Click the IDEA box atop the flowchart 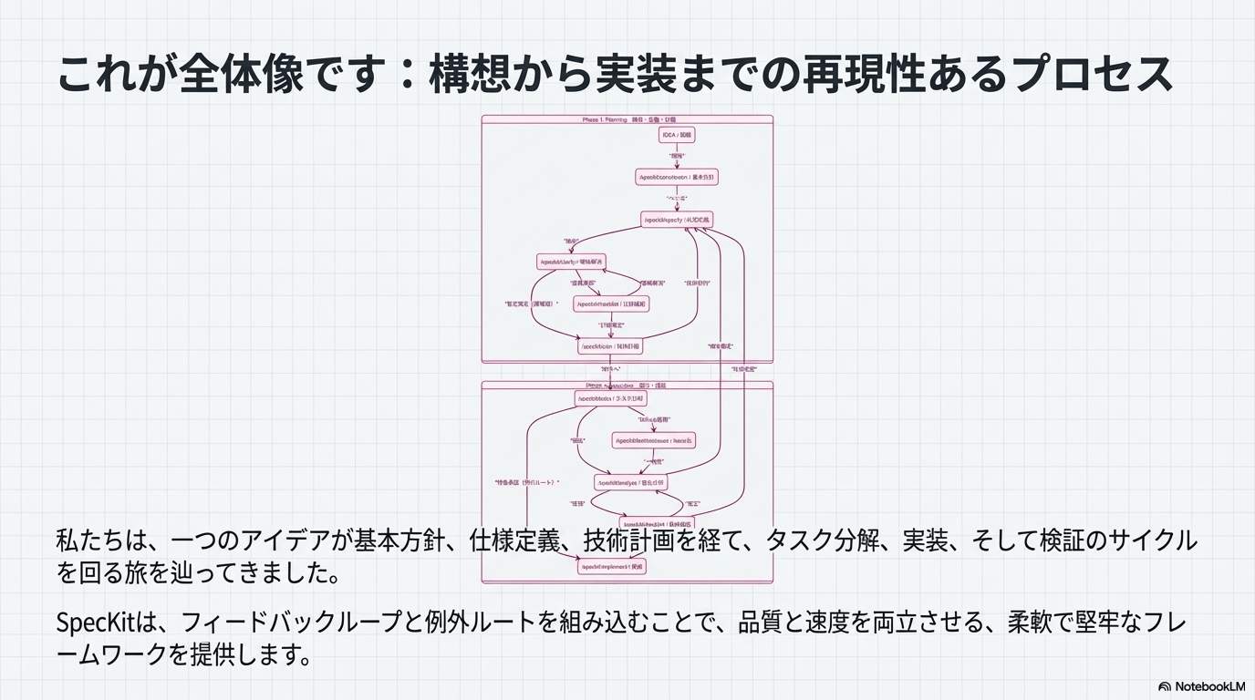[677, 135]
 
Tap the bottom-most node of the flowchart [611, 567]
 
